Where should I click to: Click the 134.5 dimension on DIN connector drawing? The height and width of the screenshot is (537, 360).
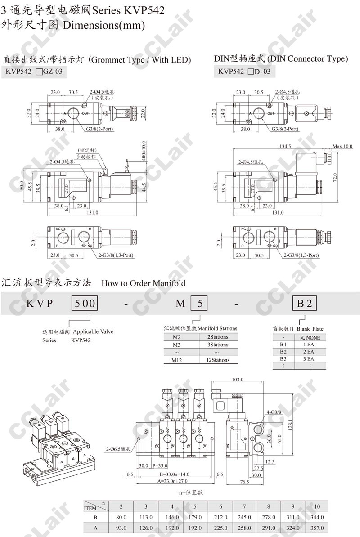pos(285,146)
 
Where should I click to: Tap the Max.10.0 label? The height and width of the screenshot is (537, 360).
pos(342,146)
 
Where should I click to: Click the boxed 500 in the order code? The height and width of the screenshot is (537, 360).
pos(85,303)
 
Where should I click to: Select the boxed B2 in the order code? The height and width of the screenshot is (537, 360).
pos(305,303)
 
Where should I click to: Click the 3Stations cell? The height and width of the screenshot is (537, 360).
pos(217,345)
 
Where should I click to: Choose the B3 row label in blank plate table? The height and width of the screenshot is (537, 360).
pos(283,359)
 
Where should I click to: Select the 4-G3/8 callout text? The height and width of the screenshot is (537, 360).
pos(274,412)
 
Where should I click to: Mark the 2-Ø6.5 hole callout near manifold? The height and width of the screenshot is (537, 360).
pos(118,449)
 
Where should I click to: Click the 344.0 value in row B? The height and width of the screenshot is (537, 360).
pos(317,517)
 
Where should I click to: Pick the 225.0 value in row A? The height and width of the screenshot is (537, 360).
pos(220,528)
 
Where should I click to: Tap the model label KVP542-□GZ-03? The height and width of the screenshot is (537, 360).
pos(34,71)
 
